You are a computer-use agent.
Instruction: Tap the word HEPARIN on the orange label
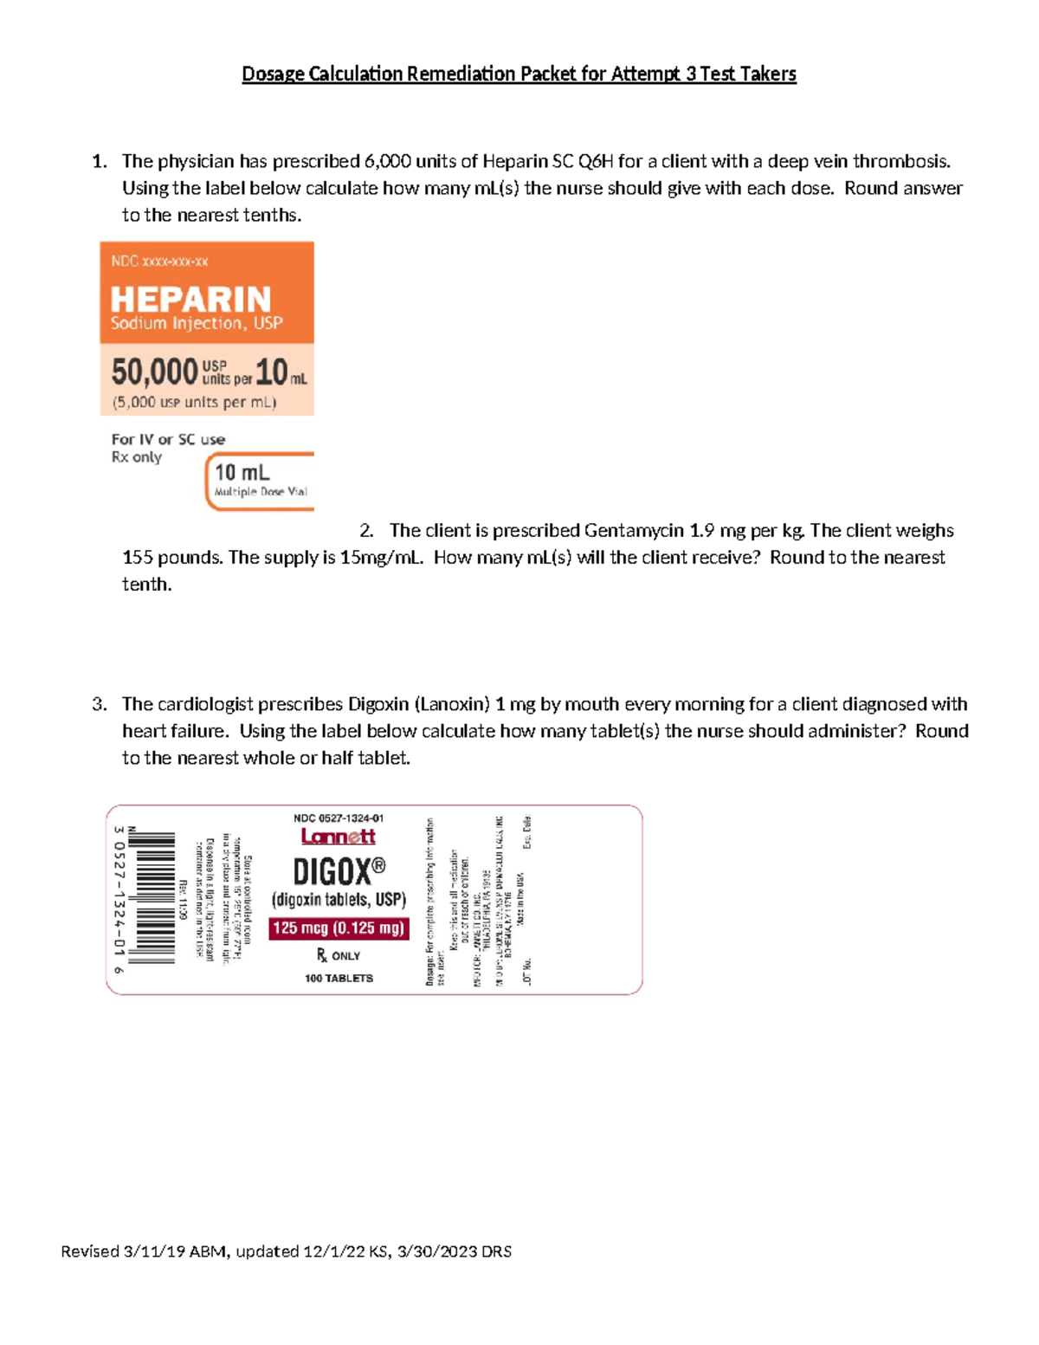(190, 300)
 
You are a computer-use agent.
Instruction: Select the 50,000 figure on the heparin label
(154, 372)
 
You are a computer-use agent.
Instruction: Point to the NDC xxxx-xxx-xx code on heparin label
(159, 261)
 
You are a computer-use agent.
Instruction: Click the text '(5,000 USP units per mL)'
(194, 402)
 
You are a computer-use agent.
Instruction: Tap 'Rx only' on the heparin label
(136, 457)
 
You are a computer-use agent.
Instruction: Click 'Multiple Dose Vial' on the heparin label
(261, 491)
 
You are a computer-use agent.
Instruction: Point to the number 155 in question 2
(137, 557)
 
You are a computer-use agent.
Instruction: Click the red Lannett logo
(338, 837)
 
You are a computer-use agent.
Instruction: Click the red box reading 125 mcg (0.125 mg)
(339, 928)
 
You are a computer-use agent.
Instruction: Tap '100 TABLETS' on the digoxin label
(339, 978)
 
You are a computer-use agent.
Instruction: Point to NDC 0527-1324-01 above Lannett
(339, 818)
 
